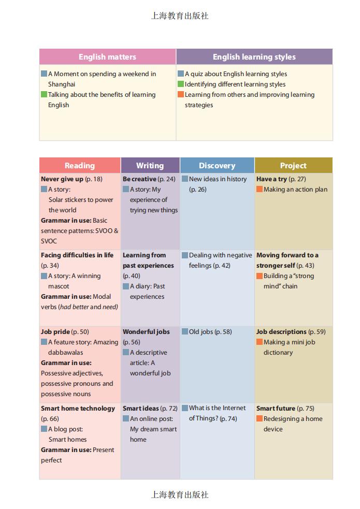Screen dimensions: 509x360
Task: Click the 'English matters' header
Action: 107,57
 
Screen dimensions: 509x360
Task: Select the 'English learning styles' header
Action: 254,57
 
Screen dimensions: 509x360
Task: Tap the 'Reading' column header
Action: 80,166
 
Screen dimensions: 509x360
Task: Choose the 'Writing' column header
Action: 150,166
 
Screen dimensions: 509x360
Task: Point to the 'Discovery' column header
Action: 217,166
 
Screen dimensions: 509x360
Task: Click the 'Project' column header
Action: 293,166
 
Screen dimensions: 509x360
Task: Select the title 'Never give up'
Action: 62,179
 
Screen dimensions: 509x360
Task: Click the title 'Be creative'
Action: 139,179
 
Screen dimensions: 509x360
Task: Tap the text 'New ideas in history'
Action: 218,179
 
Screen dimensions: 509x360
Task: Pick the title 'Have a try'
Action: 271,179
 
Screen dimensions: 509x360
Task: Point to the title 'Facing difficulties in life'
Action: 77,255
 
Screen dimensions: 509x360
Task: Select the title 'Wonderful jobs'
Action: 146,332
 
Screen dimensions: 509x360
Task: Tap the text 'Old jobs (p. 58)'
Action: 210,332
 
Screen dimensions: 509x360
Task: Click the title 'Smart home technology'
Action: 78,409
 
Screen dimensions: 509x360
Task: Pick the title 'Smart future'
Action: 276,409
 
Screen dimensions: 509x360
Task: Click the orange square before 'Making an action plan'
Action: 260,190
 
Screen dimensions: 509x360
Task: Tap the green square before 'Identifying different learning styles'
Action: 181,84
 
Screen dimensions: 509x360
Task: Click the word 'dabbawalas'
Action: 66,353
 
